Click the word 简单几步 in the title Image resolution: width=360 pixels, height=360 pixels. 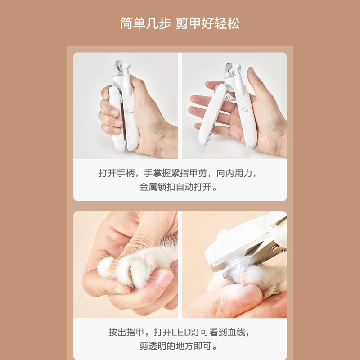[145, 23]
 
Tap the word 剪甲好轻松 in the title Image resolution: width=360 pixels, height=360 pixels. [208, 23]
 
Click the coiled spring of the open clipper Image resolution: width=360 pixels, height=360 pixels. [230, 99]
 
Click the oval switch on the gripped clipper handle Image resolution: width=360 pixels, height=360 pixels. [130, 111]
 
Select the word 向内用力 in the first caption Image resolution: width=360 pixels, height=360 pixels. [234, 173]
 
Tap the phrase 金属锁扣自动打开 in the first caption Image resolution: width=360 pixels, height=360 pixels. [175, 187]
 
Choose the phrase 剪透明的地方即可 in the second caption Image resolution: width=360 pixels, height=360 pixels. [175, 346]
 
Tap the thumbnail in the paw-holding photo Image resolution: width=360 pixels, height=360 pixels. [164, 279]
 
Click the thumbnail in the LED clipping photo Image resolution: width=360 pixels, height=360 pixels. [249, 295]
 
